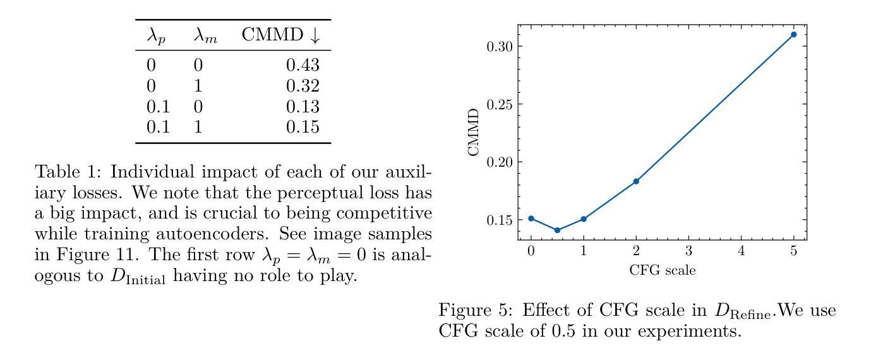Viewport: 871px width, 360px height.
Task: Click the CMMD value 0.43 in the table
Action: [303, 65]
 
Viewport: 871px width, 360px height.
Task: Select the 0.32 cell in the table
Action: [303, 86]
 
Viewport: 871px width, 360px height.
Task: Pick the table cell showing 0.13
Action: [303, 107]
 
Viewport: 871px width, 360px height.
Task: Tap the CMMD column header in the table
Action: [280, 36]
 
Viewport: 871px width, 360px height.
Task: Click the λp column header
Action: [156, 37]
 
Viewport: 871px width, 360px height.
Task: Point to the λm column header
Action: [205, 37]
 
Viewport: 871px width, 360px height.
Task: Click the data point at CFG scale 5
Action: [793, 34]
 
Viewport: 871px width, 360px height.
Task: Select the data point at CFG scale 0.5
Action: [557, 230]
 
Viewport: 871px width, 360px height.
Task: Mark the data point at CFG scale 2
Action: [636, 181]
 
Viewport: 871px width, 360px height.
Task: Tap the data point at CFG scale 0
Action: [531, 219]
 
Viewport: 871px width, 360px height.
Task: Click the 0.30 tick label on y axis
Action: [498, 46]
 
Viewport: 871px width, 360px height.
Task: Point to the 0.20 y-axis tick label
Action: [498, 162]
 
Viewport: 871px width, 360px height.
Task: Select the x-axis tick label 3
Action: [688, 251]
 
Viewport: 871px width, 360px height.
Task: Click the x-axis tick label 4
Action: [741, 251]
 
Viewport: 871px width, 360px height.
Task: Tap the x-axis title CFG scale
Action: [663, 270]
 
